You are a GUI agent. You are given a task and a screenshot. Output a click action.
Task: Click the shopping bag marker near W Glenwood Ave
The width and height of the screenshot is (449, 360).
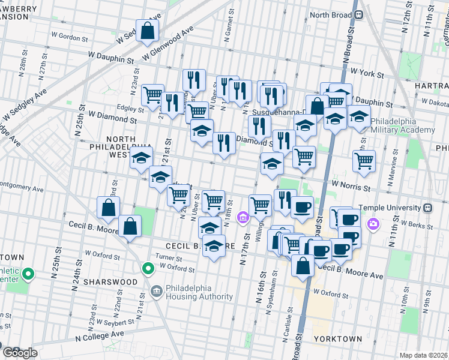coord(147,31)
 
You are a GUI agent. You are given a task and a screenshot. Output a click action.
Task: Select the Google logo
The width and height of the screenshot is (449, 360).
coord(19,353)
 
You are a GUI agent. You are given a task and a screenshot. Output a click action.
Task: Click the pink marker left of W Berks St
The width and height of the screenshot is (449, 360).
coord(373,224)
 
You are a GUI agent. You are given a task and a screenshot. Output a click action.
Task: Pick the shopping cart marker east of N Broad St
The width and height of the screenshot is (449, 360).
coord(364,161)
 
